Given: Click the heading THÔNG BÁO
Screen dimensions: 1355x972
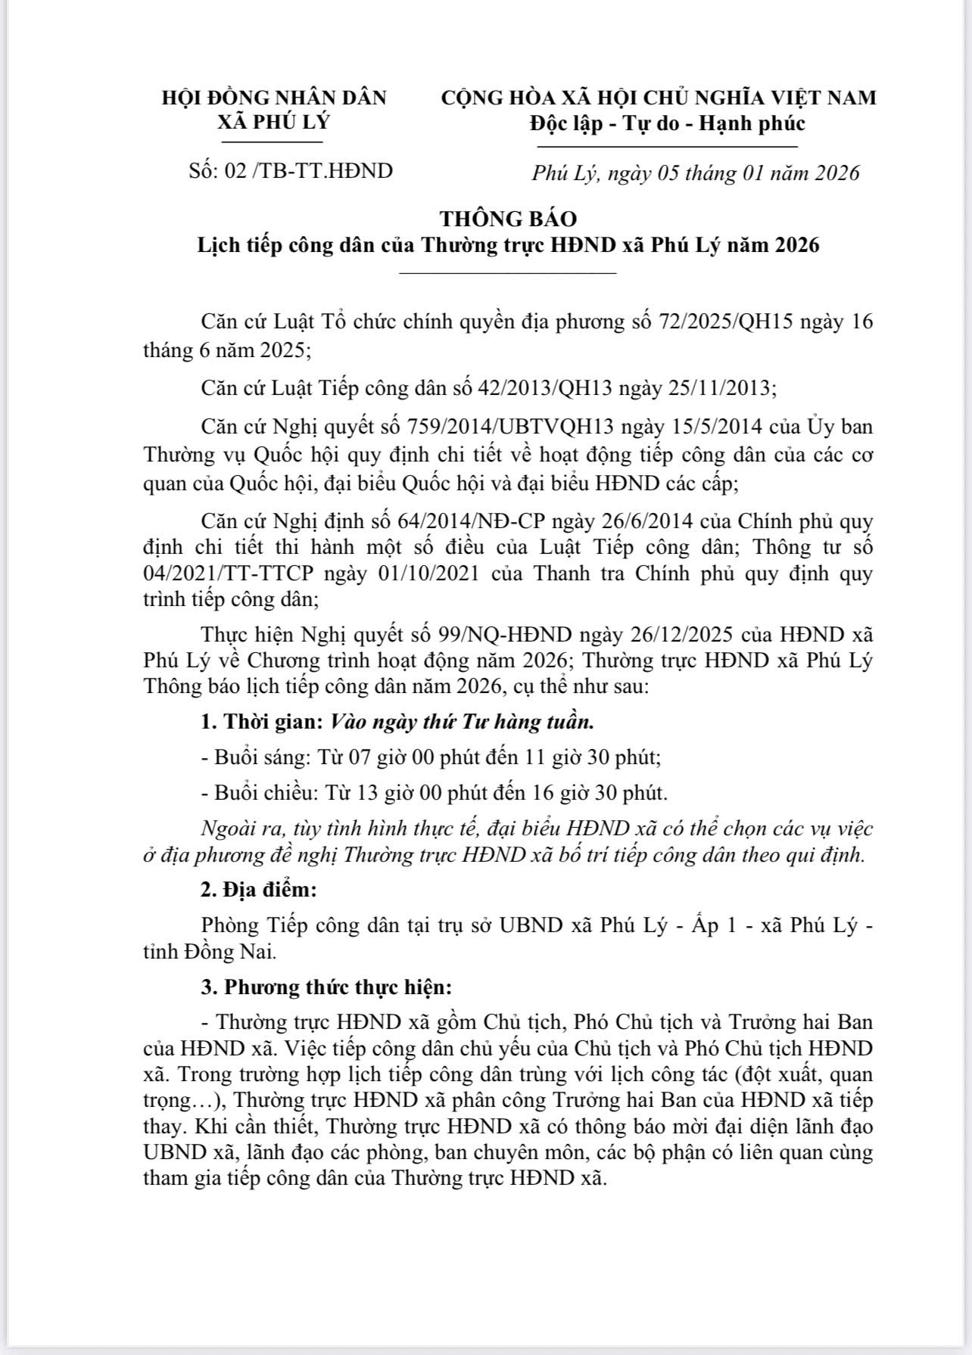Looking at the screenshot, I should coord(508,219).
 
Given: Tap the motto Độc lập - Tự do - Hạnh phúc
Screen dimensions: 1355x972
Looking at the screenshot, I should coord(667,123).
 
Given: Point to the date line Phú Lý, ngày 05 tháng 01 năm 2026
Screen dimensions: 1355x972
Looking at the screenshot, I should coord(696,173).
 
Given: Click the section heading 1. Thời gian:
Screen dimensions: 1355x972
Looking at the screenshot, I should coord(262,722).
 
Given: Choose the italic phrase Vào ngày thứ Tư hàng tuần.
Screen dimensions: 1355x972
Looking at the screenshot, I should coord(462,722).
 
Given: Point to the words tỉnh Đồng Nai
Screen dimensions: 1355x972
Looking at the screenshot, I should coord(209,952).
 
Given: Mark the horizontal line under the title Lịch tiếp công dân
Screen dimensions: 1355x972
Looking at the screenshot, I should coord(508,272).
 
